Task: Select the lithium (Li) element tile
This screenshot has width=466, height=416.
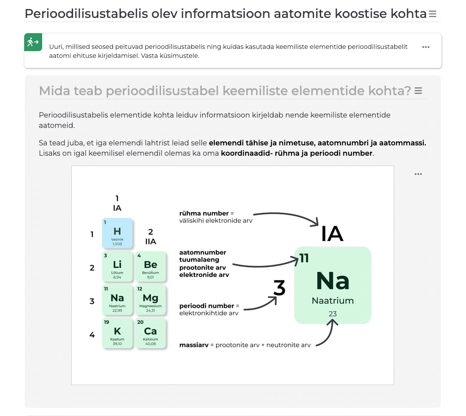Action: (117, 267)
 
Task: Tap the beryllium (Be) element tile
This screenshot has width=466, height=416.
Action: (150, 267)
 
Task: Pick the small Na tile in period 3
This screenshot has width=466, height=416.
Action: (117, 300)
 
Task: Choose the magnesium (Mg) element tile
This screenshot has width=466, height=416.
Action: (150, 300)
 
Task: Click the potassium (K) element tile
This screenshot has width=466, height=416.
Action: (117, 333)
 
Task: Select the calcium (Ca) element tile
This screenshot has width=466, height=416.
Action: (150, 333)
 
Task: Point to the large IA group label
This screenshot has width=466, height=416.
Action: (332, 234)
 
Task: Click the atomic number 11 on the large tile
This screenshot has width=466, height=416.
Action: (305, 258)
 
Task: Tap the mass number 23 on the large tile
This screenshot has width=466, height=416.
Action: (332, 314)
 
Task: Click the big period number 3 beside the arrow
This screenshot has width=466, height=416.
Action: (279, 288)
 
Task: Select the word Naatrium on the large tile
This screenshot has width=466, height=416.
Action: (333, 301)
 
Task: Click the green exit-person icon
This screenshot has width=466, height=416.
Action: (33, 42)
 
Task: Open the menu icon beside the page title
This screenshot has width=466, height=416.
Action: (432, 14)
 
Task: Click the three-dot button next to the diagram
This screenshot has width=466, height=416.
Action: (418, 174)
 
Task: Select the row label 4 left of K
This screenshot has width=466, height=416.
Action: (92, 334)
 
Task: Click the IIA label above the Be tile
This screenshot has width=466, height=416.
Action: (151, 241)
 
